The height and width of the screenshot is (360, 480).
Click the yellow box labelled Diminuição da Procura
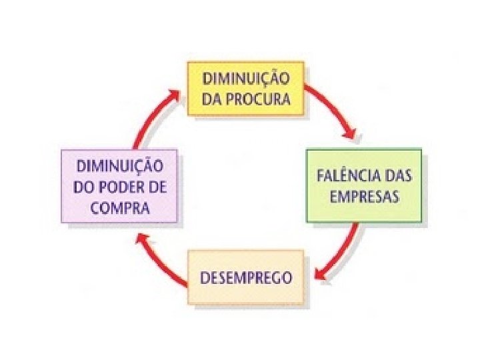click(x=245, y=89)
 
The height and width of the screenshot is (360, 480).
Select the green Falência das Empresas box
click(x=363, y=185)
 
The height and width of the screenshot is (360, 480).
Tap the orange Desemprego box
click(x=245, y=277)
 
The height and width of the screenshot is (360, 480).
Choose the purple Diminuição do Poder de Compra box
click(x=119, y=185)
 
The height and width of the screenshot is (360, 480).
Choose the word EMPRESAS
click(x=363, y=197)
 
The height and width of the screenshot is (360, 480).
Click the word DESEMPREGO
click(x=245, y=277)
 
